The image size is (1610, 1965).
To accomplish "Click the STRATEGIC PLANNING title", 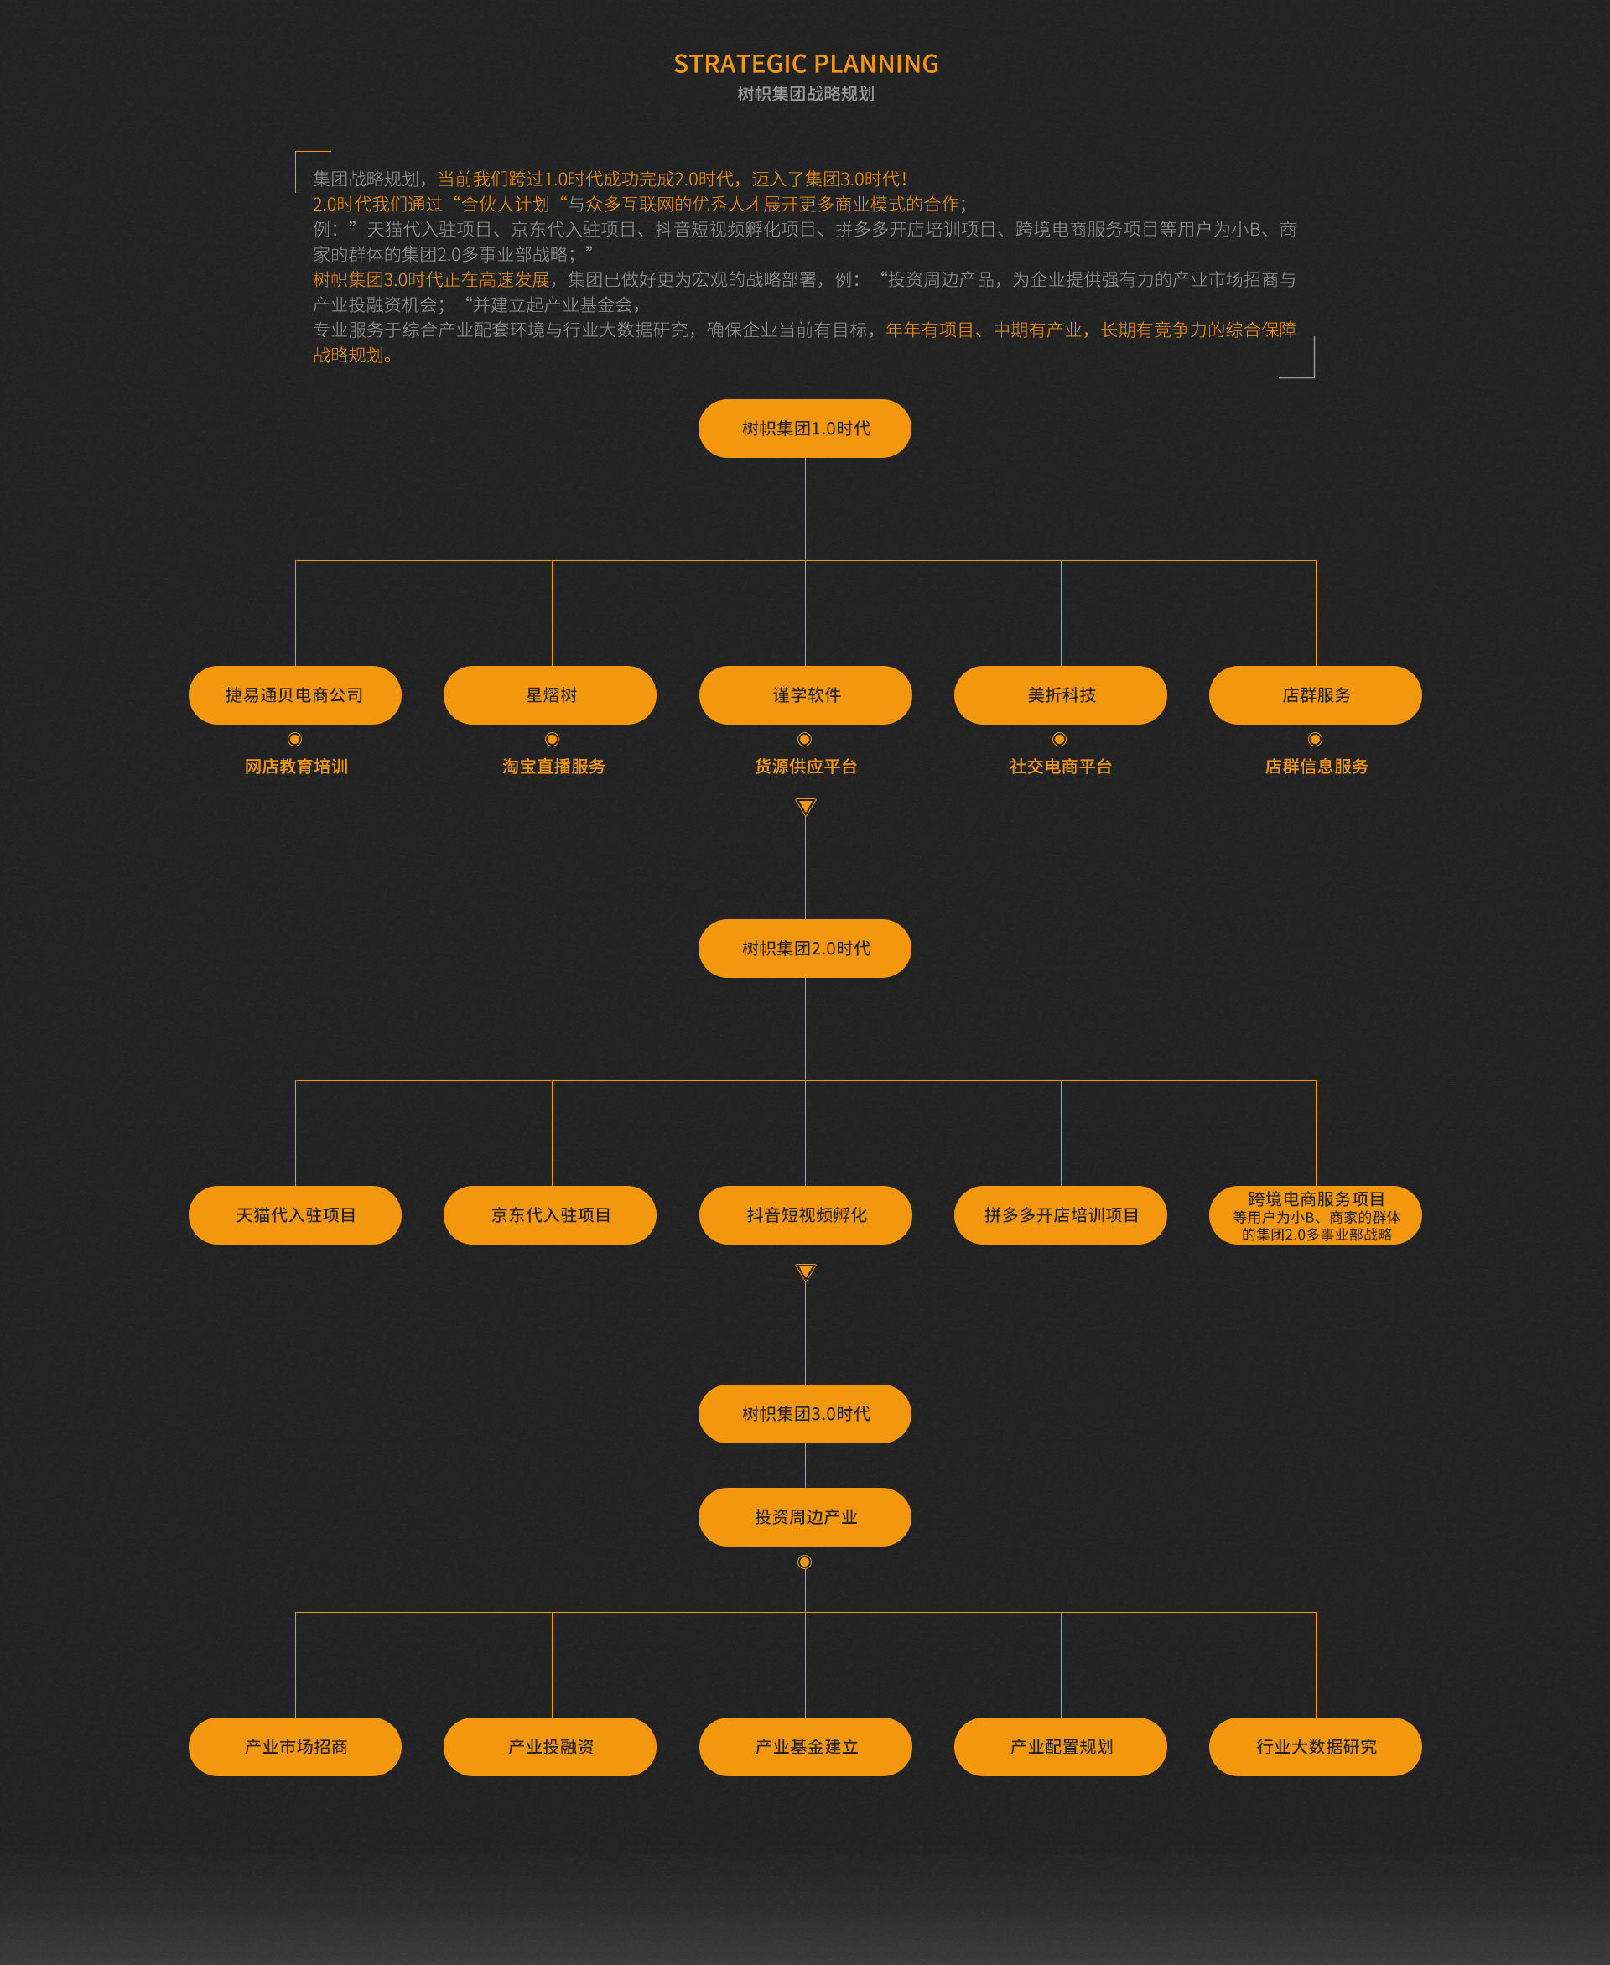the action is [x=805, y=64].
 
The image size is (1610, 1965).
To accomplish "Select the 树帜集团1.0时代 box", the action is [x=805, y=429].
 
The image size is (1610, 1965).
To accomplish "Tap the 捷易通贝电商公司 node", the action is [x=295, y=695].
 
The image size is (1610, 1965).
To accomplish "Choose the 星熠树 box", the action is [x=550, y=695].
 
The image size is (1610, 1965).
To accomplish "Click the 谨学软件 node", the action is [x=806, y=695].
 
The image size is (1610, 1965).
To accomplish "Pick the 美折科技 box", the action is [x=1061, y=695].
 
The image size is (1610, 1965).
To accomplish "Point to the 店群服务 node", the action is [x=1316, y=695].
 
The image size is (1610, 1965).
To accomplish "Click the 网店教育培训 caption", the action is [x=296, y=767].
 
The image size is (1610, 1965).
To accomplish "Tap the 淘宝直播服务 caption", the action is [x=553, y=767].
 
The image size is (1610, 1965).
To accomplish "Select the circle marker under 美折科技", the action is [x=1060, y=739].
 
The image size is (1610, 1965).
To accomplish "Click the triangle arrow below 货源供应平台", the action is [x=806, y=807].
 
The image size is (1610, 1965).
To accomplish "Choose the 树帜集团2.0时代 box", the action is [x=805, y=949].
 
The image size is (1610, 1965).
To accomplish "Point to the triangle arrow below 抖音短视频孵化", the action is [x=806, y=1272].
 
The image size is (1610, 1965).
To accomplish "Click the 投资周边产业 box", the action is [x=805, y=1517].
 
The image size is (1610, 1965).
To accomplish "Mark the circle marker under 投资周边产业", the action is [x=805, y=1562].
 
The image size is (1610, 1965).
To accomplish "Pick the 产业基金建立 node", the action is [x=806, y=1747].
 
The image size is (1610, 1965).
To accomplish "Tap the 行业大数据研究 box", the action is [x=1316, y=1747].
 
